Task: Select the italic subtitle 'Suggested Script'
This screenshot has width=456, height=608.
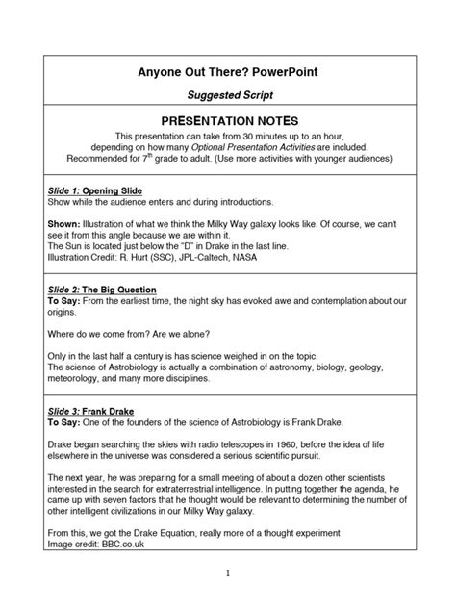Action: (x=228, y=96)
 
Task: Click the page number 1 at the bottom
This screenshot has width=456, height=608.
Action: (x=228, y=573)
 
